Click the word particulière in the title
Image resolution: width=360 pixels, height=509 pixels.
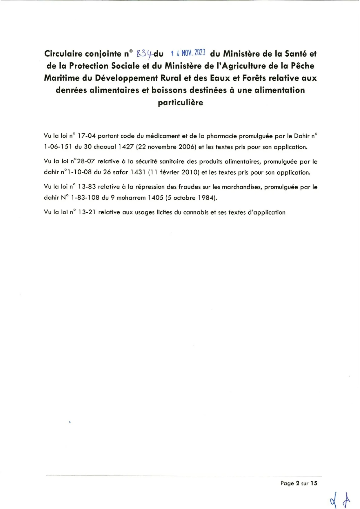[x=180, y=102]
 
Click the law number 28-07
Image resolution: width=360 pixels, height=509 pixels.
[x=86, y=162]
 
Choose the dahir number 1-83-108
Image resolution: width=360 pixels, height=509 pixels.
[x=85, y=198]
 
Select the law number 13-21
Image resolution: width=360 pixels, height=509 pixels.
[x=87, y=212]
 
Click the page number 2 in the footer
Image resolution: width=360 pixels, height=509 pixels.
[x=297, y=483]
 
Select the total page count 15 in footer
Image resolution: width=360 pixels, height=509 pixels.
[x=314, y=483]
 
